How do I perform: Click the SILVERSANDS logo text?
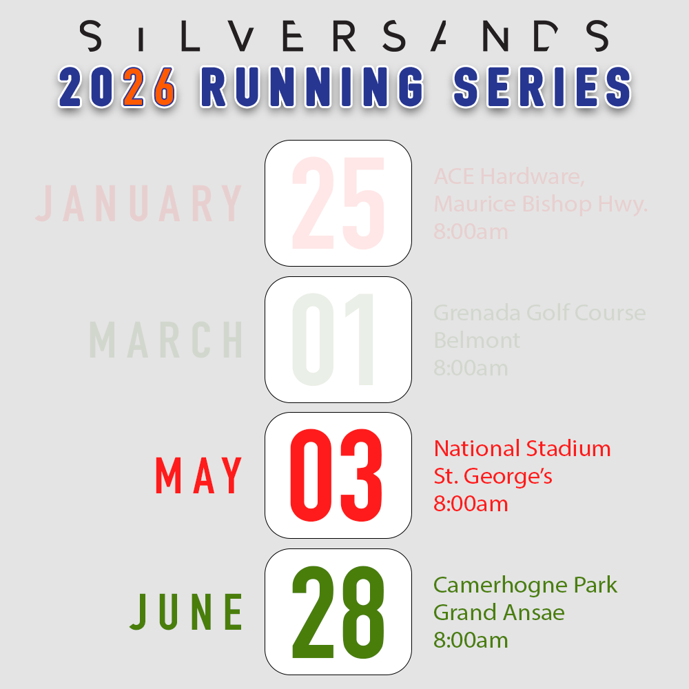click(x=344, y=36)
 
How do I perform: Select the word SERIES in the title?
click(x=542, y=88)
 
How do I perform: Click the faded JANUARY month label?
click(x=139, y=203)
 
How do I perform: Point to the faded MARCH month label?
click(x=167, y=340)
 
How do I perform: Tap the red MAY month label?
click(x=199, y=476)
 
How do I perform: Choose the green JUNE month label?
click(x=187, y=612)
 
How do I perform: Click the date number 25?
click(x=338, y=203)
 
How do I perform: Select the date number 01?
click(x=335, y=340)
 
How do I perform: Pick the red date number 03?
click(x=336, y=476)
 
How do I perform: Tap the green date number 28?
click(x=338, y=612)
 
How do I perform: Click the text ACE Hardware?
click(x=509, y=177)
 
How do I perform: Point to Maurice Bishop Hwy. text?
click(x=541, y=204)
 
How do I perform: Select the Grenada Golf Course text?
click(x=539, y=313)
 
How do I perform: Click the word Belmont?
click(x=477, y=340)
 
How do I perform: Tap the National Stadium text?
click(x=522, y=449)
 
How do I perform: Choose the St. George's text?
click(x=493, y=476)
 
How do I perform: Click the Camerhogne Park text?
click(x=525, y=585)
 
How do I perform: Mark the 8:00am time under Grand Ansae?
click(x=471, y=640)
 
